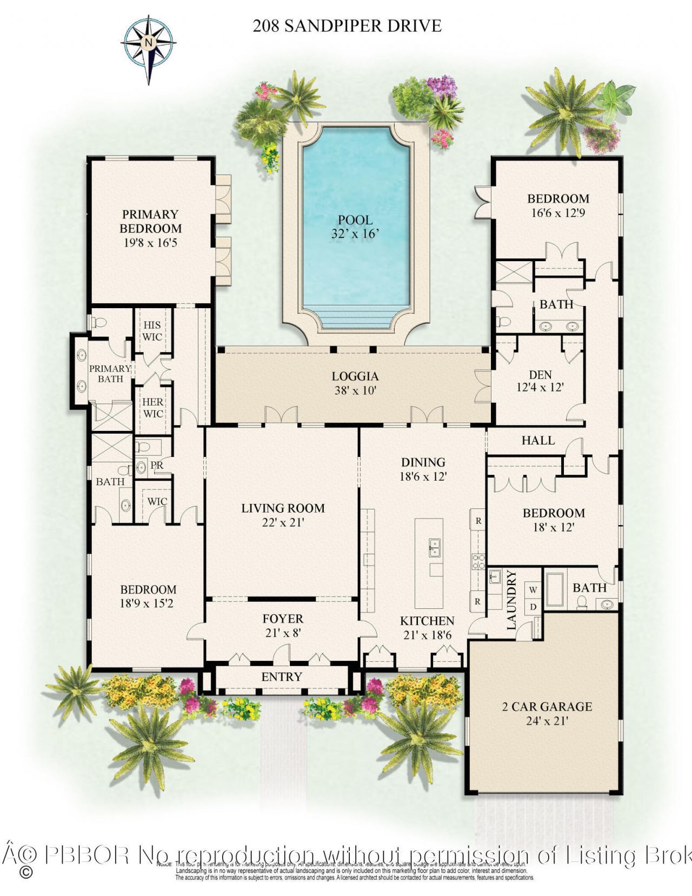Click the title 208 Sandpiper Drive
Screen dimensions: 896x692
click(347, 25)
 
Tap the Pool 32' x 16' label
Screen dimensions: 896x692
click(355, 227)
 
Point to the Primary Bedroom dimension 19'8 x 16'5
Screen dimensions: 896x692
click(150, 243)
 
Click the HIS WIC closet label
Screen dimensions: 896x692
click(152, 330)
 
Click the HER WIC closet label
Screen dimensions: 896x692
click(153, 408)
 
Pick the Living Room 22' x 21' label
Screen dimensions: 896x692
click(283, 515)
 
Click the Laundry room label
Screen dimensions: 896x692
click(512, 600)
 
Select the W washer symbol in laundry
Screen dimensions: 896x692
click(533, 589)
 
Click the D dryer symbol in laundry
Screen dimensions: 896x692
click(533, 606)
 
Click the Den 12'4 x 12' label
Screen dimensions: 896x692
click(540, 381)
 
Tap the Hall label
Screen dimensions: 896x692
click(538, 440)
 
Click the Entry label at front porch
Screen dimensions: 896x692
click(281, 676)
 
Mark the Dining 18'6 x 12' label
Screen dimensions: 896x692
click(423, 469)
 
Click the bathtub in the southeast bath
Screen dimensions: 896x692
click(554, 589)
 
